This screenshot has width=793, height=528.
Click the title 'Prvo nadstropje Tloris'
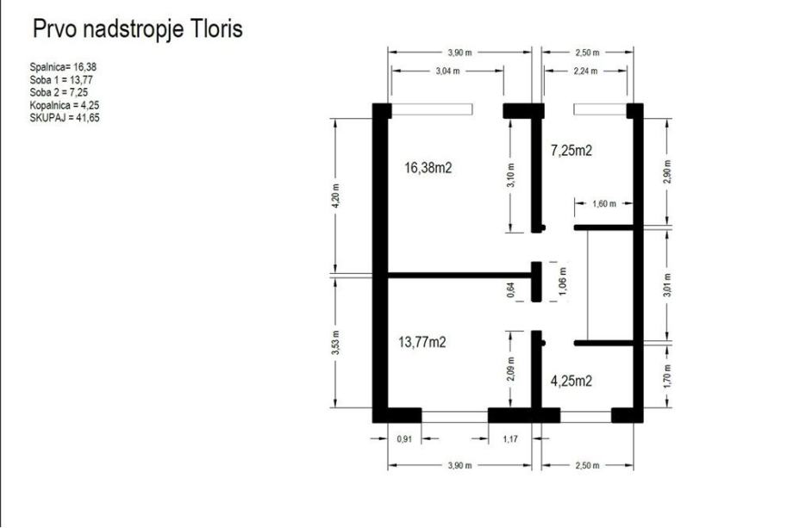tap(138, 29)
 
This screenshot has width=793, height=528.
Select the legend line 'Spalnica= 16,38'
tap(63, 67)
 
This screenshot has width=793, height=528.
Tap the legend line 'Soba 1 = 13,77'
tap(61, 80)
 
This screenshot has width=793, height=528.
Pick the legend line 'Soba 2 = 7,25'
tap(59, 92)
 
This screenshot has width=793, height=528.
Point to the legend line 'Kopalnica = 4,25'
tap(65, 105)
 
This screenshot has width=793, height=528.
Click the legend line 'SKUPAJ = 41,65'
tap(65, 118)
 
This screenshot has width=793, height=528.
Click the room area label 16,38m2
tap(428, 168)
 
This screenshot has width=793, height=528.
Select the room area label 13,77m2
tap(422, 342)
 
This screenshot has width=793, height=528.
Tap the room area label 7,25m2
tap(571, 150)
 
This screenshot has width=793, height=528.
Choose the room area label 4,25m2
tap(571, 381)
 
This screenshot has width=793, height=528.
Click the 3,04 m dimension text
tap(447, 71)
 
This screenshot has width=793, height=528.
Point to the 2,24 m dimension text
tap(585, 71)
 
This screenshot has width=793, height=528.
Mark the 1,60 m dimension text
tap(604, 203)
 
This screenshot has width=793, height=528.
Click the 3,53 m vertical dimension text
tap(336, 343)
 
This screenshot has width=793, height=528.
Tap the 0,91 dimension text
tap(404, 439)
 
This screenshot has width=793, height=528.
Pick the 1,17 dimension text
tap(511, 439)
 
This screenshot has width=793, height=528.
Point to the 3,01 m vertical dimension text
tap(668, 285)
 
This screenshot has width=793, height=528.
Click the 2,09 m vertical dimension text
tap(511, 370)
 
